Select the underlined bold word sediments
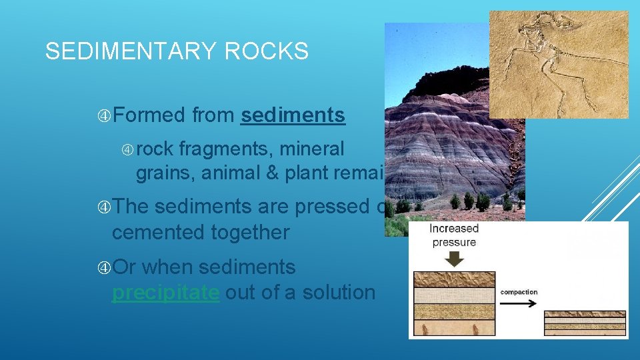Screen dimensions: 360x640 pos(293,115)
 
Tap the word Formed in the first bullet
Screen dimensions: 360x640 pos(149,115)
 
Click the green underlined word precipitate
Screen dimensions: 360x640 pos(165,292)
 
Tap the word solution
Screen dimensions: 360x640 pos(335,292)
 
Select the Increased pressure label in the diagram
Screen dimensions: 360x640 pos(454,235)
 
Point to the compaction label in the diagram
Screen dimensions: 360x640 pos(519,292)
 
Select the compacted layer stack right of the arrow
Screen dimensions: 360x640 pos(585,321)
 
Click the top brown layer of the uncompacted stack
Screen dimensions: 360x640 pos(454,279)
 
